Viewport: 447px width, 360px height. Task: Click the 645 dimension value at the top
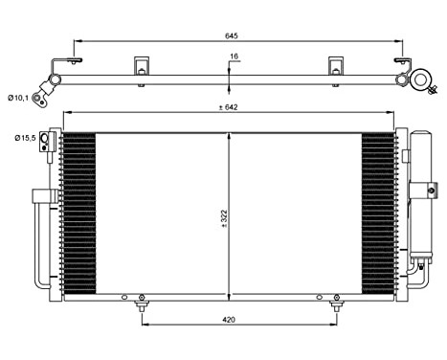tap(232, 34)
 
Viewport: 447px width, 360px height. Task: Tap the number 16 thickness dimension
tap(234, 56)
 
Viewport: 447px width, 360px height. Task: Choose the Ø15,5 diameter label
tap(25, 138)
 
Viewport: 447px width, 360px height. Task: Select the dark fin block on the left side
tap(79, 211)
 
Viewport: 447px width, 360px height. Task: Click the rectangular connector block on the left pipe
tap(40, 196)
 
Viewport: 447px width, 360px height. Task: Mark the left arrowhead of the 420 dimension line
tap(145, 322)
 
